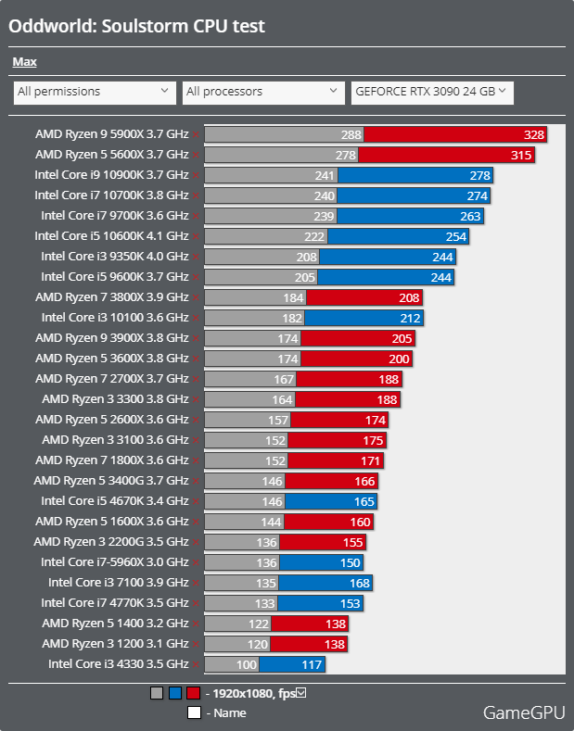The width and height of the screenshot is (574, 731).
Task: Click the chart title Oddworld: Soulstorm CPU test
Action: click(137, 26)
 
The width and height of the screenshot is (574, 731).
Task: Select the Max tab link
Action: click(25, 62)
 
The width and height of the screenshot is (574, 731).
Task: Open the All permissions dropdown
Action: click(94, 92)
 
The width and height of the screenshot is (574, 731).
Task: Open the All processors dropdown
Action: click(263, 92)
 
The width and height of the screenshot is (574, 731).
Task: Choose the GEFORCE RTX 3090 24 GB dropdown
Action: click(431, 92)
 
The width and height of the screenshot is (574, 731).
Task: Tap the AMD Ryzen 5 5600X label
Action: click(111, 155)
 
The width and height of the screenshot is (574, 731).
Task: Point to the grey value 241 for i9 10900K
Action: click(325, 175)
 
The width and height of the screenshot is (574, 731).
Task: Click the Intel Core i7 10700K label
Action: click(111, 195)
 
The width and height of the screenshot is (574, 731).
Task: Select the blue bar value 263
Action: click(470, 216)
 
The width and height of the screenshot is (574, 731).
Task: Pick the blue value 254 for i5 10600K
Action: click(455, 236)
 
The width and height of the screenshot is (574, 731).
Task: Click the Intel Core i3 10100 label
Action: click(115, 318)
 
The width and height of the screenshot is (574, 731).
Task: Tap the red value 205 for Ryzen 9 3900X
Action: click(402, 338)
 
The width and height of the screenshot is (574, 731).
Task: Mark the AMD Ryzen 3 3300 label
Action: click(115, 399)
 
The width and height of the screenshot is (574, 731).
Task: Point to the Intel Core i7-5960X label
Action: click(115, 562)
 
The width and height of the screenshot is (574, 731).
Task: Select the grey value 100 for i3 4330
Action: click(246, 664)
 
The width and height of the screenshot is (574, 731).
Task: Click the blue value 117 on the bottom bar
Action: click(312, 664)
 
